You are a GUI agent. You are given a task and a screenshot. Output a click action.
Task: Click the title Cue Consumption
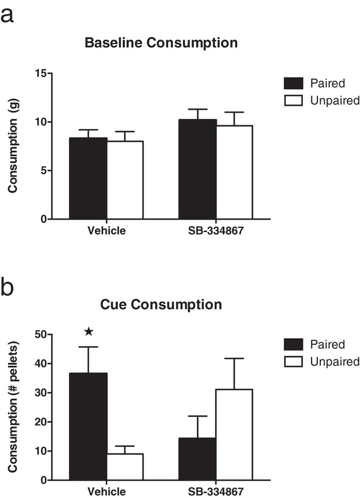point(161,304)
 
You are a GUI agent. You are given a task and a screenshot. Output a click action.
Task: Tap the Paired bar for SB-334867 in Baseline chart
point(197,170)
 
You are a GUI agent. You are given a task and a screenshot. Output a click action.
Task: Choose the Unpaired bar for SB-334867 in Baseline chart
point(234,172)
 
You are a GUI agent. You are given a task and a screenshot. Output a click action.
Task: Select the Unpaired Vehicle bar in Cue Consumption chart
point(125,467)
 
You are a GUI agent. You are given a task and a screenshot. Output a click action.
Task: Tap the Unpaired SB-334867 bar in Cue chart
point(234,435)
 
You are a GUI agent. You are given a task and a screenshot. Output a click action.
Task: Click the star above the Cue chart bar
point(89,332)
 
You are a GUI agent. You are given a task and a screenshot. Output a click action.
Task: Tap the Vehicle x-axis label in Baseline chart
point(107,231)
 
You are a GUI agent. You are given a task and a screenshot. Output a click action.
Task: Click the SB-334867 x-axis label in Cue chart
point(215,491)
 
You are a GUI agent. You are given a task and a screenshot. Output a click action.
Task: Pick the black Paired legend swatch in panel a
point(293,83)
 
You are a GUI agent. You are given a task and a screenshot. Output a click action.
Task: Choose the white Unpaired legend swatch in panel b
point(293,362)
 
